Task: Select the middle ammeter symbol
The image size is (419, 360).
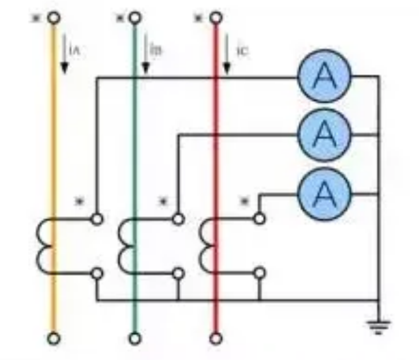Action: coord(324,133)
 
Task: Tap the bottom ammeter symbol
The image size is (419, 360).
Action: coord(324,190)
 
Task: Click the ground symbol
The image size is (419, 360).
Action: coord(379,326)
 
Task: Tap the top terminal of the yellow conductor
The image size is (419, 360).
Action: coord(54,17)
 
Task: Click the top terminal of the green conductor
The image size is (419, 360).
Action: coord(134,17)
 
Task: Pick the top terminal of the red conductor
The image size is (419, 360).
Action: coord(216,17)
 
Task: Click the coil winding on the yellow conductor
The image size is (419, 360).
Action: coord(44,246)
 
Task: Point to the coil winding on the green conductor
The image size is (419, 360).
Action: coord(125,246)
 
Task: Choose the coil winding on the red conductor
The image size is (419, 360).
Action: coord(206,246)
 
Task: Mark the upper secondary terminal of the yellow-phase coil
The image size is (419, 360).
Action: coord(96,219)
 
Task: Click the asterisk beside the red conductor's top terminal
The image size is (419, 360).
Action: coord(198,17)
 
